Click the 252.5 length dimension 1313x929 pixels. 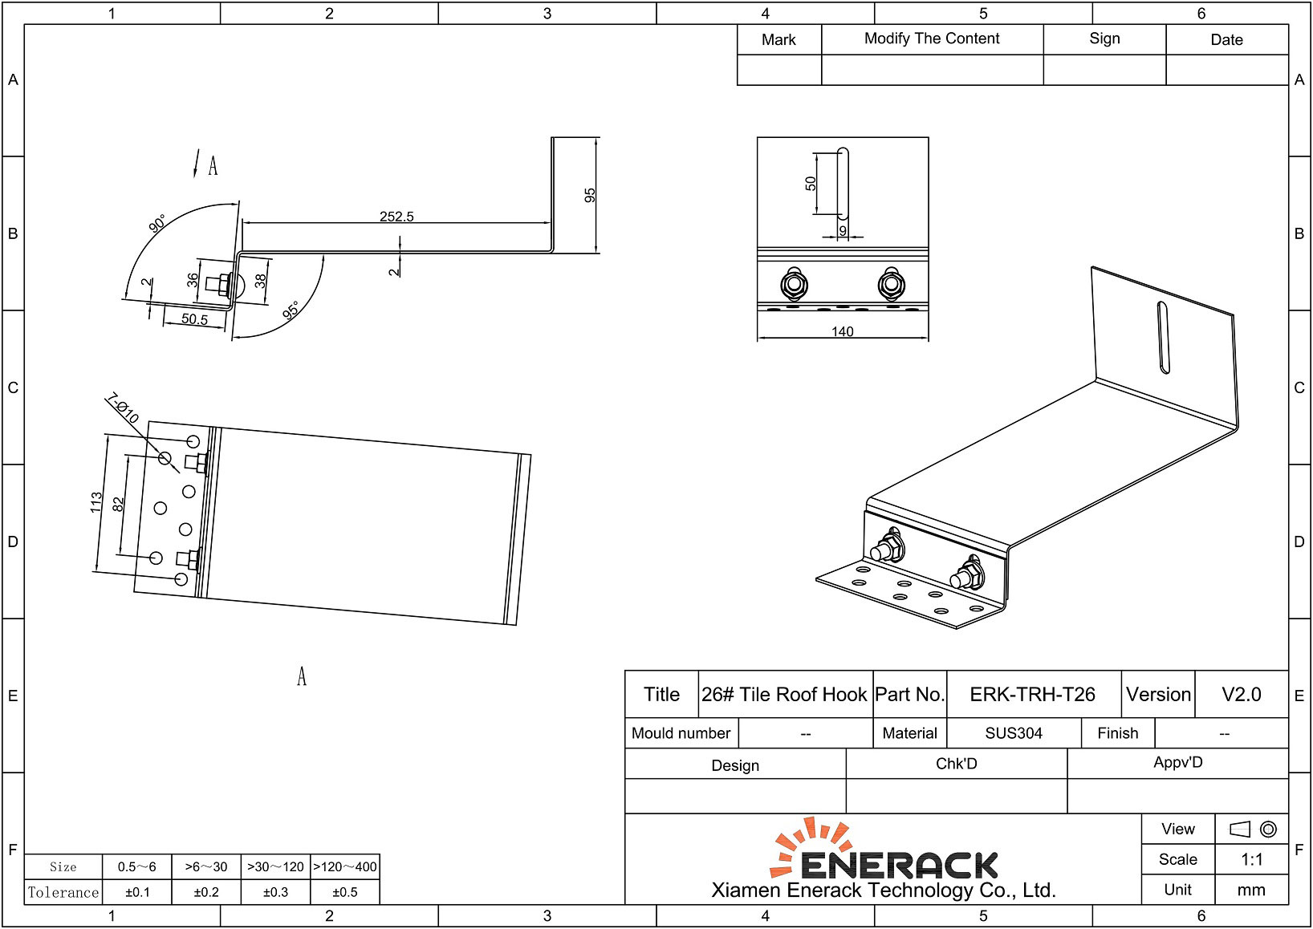click(x=396, y=217)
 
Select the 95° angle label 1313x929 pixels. click(x=291, y=310)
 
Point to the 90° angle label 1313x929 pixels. click(x=157, y=223)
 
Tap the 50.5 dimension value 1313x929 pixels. click(x=194, y=319)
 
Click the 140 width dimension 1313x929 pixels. click(x=842, y=332)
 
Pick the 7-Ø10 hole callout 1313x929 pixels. click(x=123, y=408)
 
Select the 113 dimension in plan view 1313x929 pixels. click(x=96, y=503)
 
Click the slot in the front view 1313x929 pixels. click(x=842, y=183)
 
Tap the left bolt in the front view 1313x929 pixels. click(x=794, y=284)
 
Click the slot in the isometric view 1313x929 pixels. click(x=1163, y=337)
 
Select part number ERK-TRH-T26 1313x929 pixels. click(x=1032, y=695)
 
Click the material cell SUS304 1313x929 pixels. click(x=1014, y=733)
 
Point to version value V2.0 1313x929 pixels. click(x=1241, y=695)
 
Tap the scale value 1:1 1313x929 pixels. click(x=1251, y=860)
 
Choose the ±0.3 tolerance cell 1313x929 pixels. click(x=275, y=892)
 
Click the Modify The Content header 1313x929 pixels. click(x=932, y=39)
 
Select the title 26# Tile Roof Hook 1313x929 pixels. click(x=784, y=695)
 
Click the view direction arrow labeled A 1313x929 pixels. click(x=197, y=163)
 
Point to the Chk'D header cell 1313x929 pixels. click(x=956, y=764)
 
